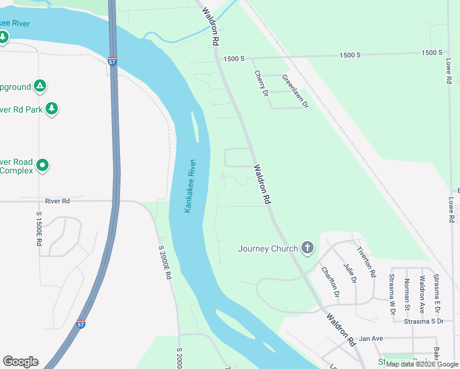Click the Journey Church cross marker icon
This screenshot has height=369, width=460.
(x=307, y=248)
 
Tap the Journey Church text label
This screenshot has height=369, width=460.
(x=268, y=249)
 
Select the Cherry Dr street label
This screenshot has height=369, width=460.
(x=261, y=83)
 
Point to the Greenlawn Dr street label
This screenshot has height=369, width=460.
(x=295, y=91)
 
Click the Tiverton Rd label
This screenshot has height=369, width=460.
(x=367, y=261)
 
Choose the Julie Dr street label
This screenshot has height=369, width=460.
(x=350, y=272)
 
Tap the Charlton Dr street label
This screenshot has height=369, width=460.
(x=330, y=280)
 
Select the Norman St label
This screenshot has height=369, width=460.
(x=407, y=294)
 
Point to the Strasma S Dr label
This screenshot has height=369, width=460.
(x=424, y=321)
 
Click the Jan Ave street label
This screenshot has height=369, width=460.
(x=371, y=338)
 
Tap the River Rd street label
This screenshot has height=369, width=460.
(x=58, y=201)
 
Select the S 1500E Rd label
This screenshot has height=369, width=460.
(x=38, y=229)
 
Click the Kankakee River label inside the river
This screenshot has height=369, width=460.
(x=190, y=186)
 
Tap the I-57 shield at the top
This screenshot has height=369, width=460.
(x=111, y=62)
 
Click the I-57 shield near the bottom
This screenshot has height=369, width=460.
(x=81, y=323)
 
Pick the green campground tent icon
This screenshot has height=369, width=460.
(x=40, y=85)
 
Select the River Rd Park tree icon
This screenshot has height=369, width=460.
(x=52, y=109)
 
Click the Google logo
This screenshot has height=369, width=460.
(x=20, y=362)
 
